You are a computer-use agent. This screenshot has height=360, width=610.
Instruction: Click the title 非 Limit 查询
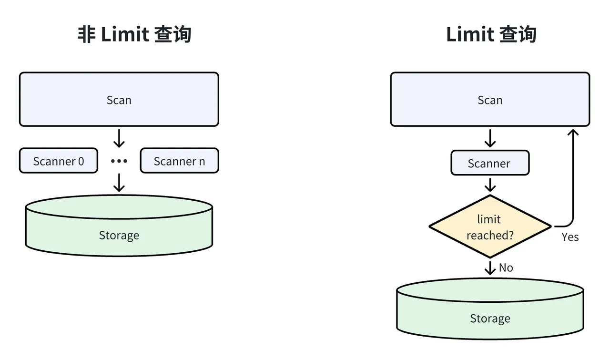point(134,35)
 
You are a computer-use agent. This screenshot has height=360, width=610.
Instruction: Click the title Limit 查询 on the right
point(491,35)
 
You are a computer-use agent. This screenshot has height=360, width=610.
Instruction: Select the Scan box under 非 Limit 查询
point(119,100)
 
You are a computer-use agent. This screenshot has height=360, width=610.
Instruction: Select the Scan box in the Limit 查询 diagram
point(490,100)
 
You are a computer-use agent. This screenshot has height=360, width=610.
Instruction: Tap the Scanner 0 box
point(58,161)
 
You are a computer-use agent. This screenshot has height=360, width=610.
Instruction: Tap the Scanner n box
point(179,161)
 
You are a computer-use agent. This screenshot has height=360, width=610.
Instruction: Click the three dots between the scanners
point(119,161)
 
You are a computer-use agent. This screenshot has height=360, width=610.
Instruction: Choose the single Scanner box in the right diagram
point(489,164)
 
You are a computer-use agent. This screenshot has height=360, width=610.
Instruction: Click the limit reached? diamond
point(489,226)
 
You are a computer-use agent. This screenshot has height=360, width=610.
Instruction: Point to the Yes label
point(569,237)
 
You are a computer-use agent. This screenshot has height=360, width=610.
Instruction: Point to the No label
point(506,268)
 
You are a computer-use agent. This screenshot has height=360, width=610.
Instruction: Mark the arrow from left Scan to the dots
point(119,138)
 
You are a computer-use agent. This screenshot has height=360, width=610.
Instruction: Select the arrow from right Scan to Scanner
point(490,138)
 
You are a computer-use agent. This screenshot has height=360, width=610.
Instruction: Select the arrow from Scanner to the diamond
point(490,185)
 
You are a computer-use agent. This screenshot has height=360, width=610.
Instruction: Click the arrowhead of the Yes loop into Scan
point(572,132)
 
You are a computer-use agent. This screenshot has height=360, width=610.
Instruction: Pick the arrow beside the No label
point(490,267)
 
